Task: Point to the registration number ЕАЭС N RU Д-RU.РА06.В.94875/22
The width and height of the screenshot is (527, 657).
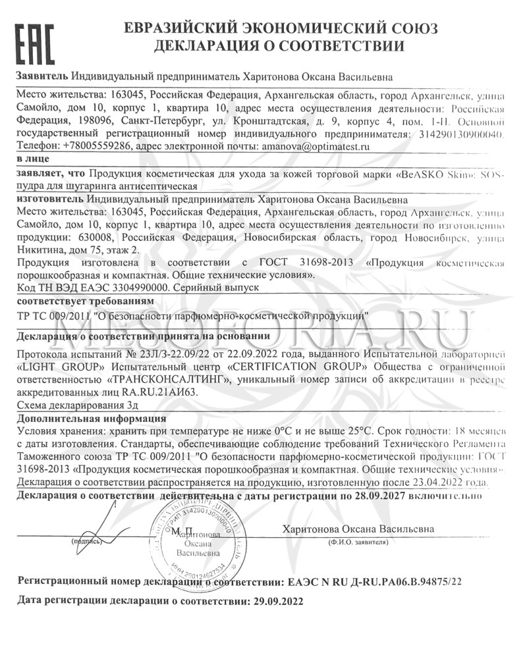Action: click(375, 582)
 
